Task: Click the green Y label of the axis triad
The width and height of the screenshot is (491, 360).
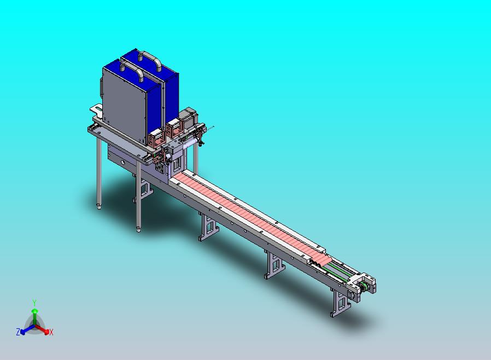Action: (x=34, y=303)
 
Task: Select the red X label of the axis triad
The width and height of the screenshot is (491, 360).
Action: (x=51, y=332)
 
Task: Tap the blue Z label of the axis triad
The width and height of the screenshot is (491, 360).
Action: (x=18, y=332)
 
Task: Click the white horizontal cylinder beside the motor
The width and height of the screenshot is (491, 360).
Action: (x=190, y=143)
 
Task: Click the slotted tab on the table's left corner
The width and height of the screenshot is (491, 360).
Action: (x=96, y=108)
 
